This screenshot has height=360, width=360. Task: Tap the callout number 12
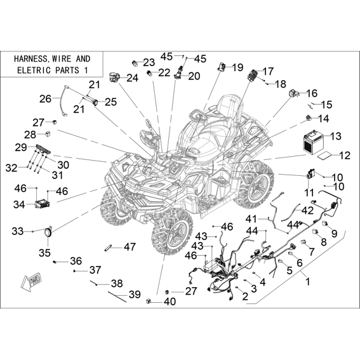(344, 156)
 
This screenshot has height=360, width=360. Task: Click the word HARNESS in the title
(30, 59)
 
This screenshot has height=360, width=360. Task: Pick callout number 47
(130, 247)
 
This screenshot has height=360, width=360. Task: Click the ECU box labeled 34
(43, 204)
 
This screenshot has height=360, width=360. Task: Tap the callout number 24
(133, 78)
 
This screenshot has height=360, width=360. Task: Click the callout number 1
(308, 281)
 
